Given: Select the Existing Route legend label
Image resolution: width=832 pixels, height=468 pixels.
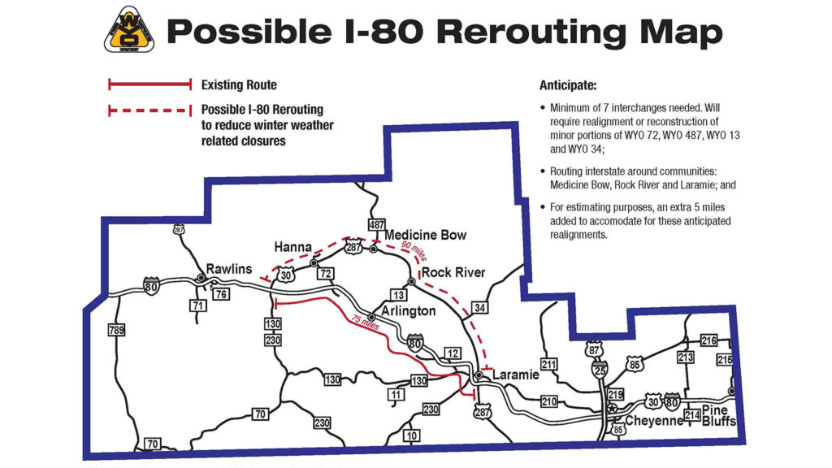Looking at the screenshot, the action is tap(239, 84).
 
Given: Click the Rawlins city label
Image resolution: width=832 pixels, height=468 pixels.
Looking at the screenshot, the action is tap(229, 269).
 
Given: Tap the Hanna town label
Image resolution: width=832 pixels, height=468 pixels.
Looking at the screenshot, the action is tap(293, 247).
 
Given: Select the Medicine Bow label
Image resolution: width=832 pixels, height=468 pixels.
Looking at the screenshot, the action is tap(425, 235).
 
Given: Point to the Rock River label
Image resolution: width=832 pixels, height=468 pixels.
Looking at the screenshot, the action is tap(453, 272).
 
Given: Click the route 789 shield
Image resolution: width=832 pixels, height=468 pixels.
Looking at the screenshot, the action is tap(117, 330).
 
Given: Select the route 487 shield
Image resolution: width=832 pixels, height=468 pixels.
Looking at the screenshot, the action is tap(376, 224).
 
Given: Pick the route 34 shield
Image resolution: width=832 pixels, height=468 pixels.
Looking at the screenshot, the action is tap(480, 307).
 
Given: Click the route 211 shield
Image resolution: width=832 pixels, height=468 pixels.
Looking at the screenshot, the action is tap(550, 363).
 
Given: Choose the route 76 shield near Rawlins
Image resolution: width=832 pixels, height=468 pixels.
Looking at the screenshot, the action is tap(220, 292).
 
